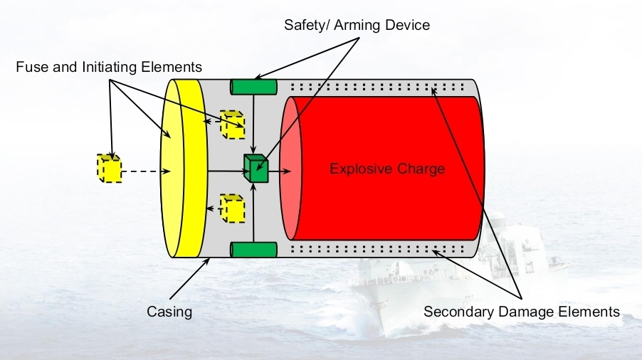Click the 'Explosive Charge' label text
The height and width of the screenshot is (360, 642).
coord(387,169)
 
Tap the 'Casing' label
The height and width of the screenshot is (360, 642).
coord(169,311)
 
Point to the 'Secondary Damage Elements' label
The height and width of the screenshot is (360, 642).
coord(522,312)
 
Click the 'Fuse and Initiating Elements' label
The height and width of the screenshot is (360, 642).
coord(109,67)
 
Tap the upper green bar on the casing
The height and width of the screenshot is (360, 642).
coord(253,87)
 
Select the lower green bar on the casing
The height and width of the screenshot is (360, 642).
coord(253,249)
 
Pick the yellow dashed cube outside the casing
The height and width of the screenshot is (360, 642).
coord(109,168)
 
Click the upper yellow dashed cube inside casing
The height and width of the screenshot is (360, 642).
coord(232,124)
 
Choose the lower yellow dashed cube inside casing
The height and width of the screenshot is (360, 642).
coord(232,208)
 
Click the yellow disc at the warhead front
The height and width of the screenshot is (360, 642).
coord(182,168)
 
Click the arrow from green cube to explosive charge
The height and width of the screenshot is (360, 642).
coord(280,171)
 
